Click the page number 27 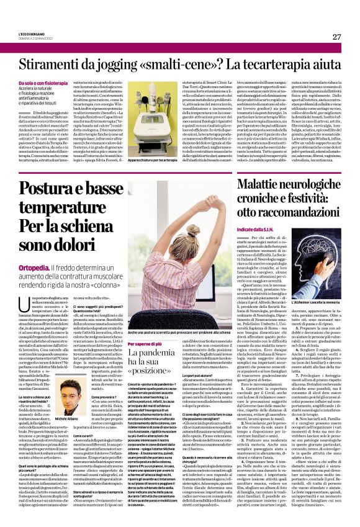pos(336,37)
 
